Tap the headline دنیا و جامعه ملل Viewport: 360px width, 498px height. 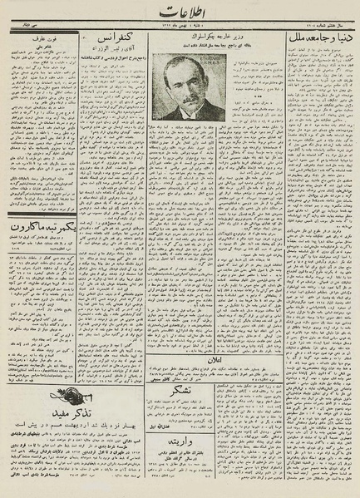coord(318,37)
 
